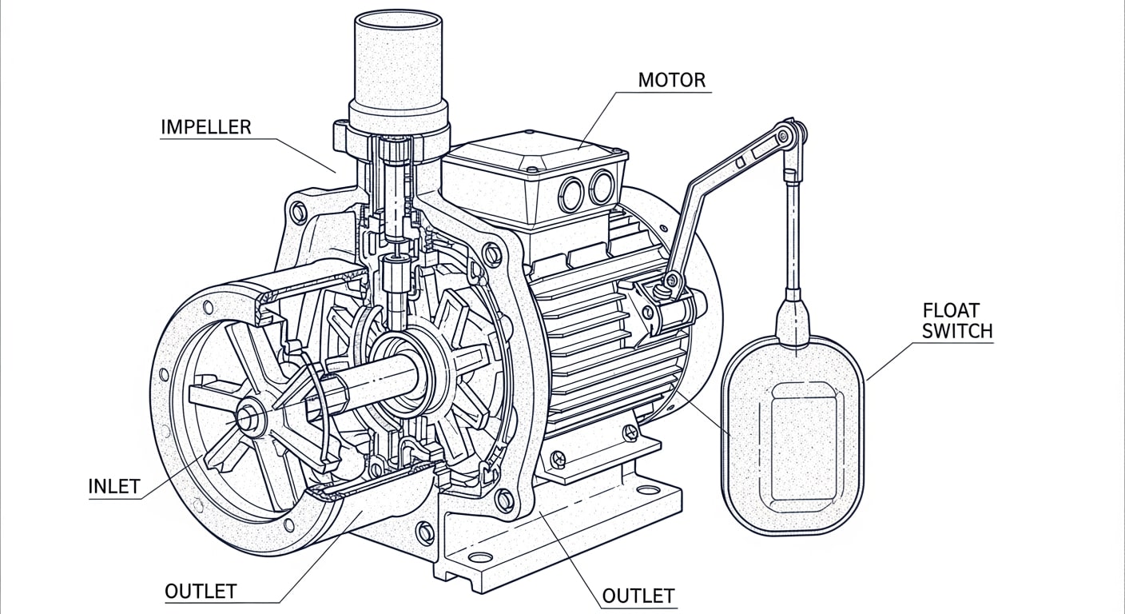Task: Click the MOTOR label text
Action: (x=671, y=80)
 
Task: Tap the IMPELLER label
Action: (x=206, y=127)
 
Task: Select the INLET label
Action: (x=114, y=486)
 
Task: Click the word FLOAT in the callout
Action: (x=952, y=310)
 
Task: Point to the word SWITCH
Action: (x=957, y=331)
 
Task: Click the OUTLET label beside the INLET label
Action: (x=201, y=592)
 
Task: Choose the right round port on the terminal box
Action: (x=602, y=186)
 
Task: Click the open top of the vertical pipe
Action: (x=399, y=22)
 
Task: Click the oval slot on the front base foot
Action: (x=481, y=558)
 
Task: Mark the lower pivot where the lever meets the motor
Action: (x=671, y=281)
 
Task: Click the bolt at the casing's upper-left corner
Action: (x=300, y=212)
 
